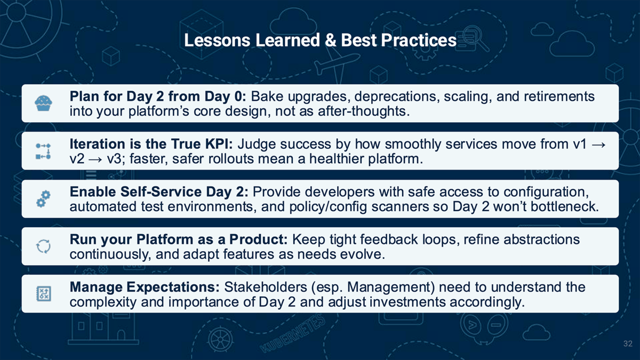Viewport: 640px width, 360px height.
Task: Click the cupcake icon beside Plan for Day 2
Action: tap(43, 103)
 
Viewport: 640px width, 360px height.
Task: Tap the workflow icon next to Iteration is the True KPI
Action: tap(43, 151)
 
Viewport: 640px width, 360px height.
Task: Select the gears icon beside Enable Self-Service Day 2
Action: tap(43, 198)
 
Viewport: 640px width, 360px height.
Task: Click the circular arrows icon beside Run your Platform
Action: tap(43, 246)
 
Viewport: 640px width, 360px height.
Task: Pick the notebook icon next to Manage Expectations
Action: tap(44, 294)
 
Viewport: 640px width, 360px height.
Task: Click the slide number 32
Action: tap(628, 343)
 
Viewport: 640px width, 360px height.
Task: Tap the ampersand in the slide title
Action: tap(330, 40)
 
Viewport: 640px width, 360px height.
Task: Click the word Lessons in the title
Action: tap(217, 40)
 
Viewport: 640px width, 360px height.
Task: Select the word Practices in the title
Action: tap(419, 40)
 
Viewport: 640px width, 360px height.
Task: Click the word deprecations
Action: tap(397, 97)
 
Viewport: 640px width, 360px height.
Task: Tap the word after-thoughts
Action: tap(364, 111)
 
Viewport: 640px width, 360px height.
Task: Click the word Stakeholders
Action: tap(266, 287)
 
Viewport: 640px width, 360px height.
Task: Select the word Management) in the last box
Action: tap(390, 287)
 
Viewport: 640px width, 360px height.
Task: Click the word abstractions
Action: tap(541, 239)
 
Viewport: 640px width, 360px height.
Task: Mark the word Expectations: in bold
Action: tap(173, 287)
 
